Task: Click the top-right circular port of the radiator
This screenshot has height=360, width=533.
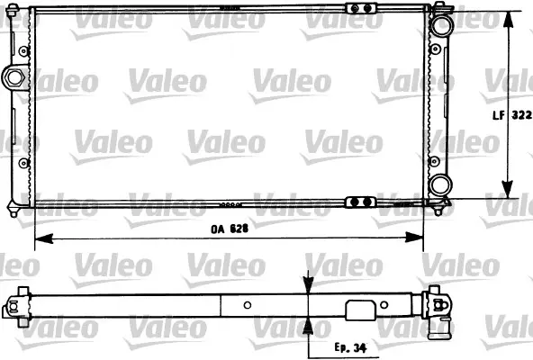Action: (x=440, y=23)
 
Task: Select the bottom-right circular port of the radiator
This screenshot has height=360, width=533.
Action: (x=440, y=185)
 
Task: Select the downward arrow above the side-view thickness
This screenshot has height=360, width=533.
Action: (x=308, y=284)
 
